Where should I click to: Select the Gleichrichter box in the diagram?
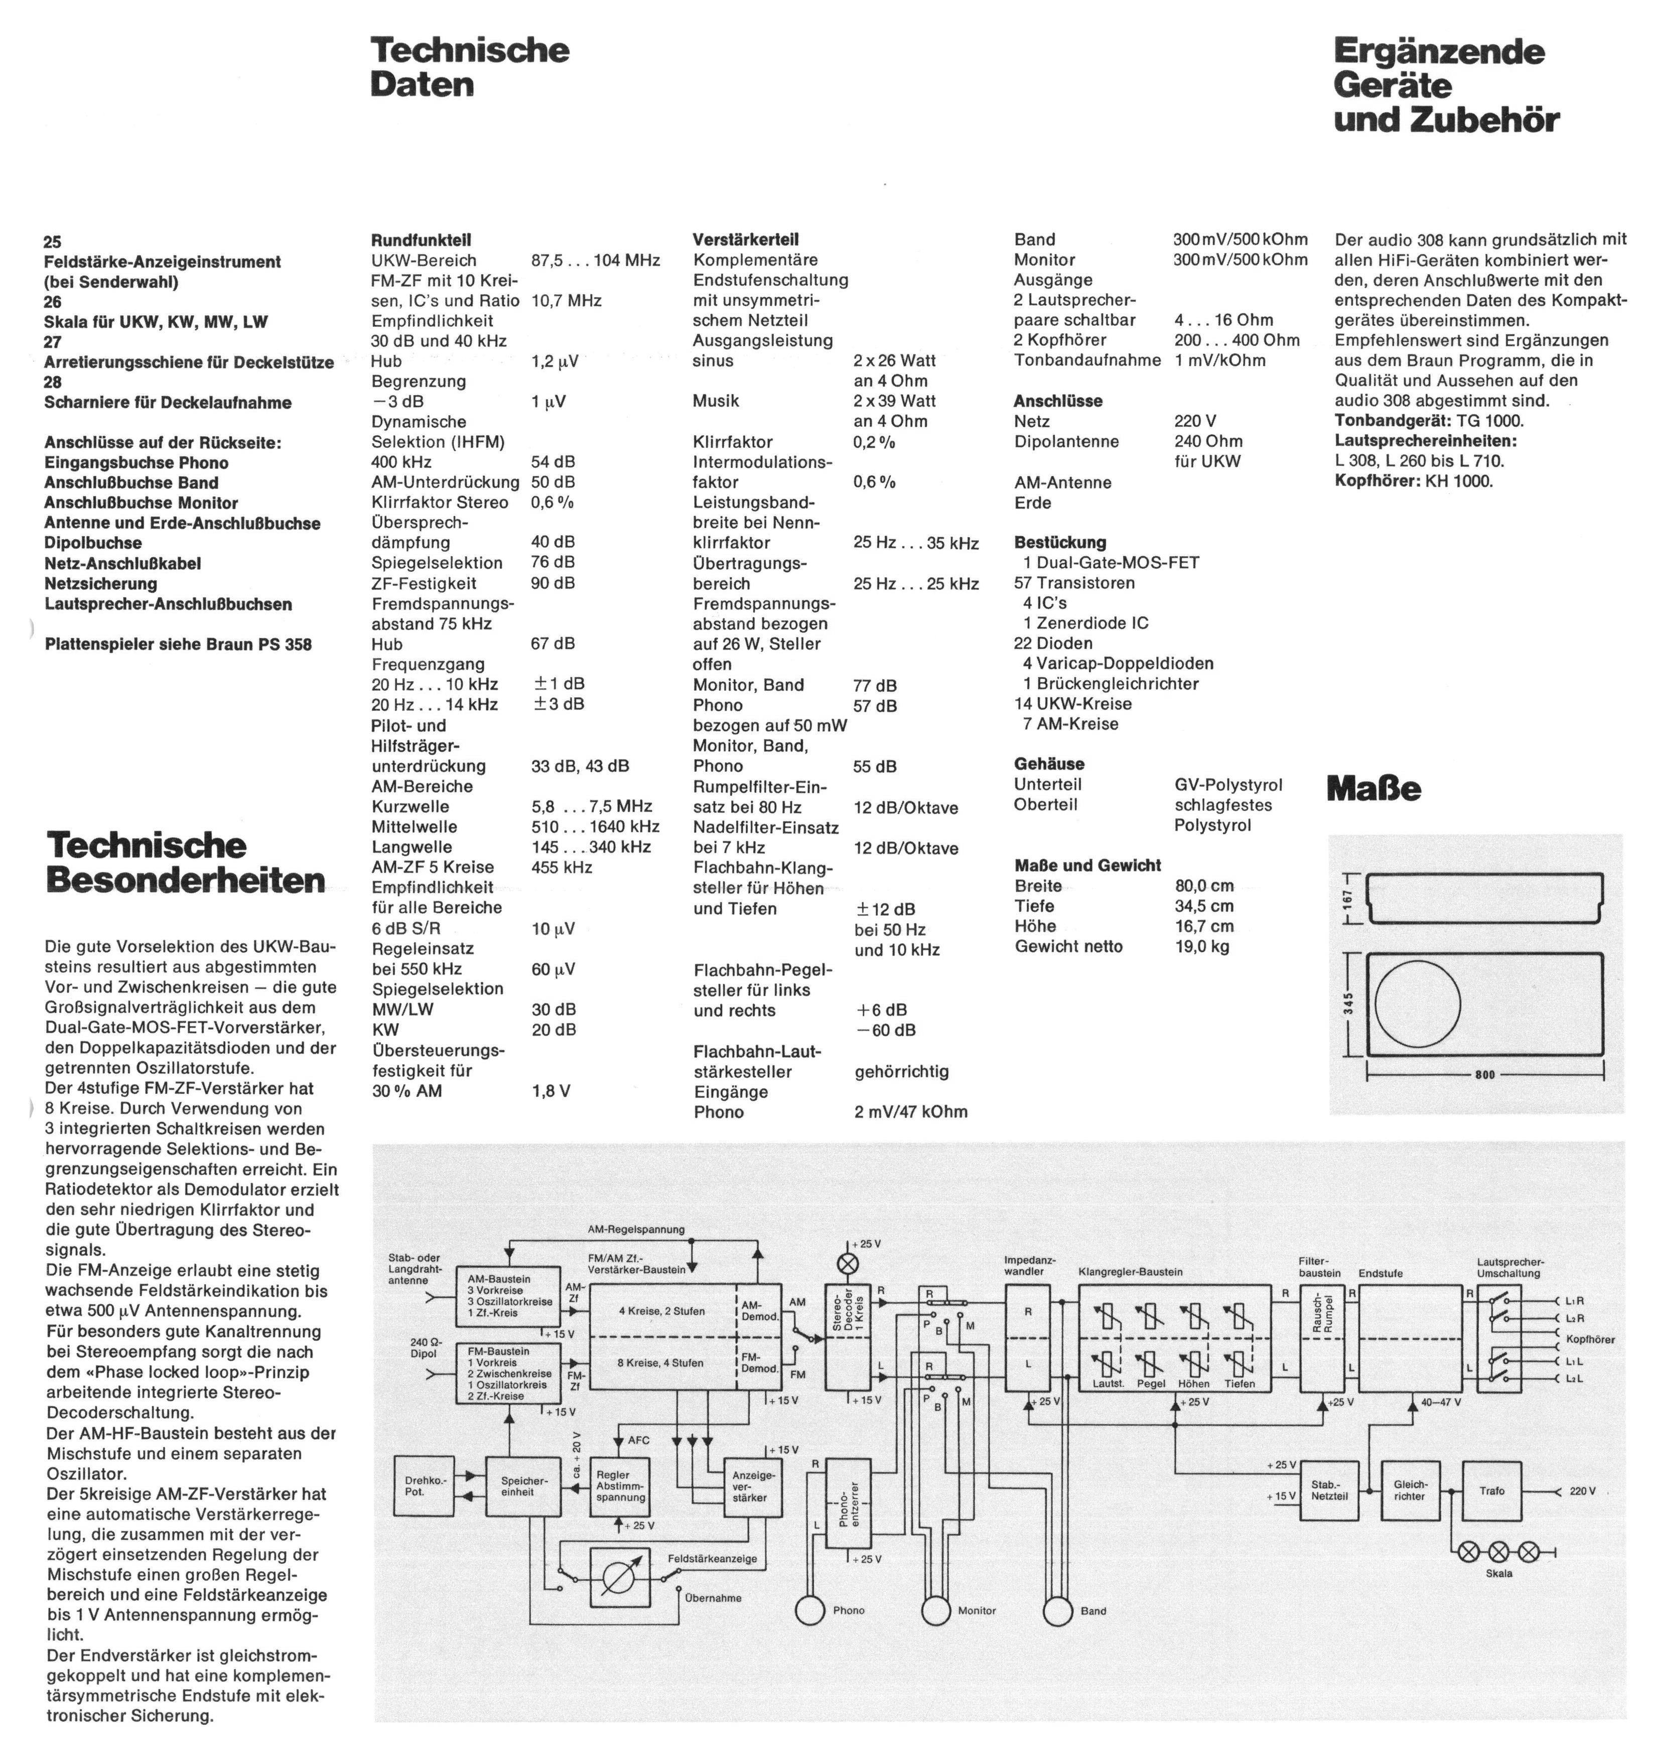click(x=1410, y=1491)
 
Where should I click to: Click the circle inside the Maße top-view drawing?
click(x=1417, y=1003)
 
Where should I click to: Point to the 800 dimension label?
click(x=1485, y=1074)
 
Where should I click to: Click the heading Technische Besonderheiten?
click(x=186, y=862)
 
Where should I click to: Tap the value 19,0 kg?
click(x=1202, y=946)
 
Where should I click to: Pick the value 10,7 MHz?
click(x=567, y=300)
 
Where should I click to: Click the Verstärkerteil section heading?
click(x=746, y=239)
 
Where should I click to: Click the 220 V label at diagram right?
click(x=1583, y=1491)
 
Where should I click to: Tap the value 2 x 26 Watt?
click(x=894, y=360)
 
